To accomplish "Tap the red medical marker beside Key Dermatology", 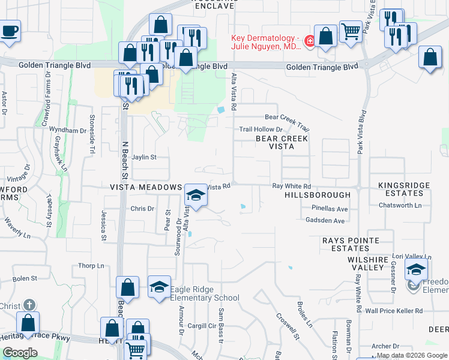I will [x=310, y=41].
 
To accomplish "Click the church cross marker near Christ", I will [x=28, y=321].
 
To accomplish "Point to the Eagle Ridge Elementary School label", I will [x=204, y=293].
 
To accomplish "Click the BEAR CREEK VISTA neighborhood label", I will [x=282, y=142].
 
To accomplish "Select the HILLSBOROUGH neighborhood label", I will [x=318, y=195].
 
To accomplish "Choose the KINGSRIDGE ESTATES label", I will [x=404, y=190].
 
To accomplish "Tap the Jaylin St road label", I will [x=144, y=157].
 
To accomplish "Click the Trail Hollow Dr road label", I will [x=261, y=129].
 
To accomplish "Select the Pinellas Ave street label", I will [x=330, y=209].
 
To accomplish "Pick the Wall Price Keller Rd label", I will [x=394, y=311].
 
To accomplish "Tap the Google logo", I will [x=20, y=353].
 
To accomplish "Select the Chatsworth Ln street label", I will [x=400, y=205].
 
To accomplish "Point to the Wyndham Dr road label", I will [x=68, y=130].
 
